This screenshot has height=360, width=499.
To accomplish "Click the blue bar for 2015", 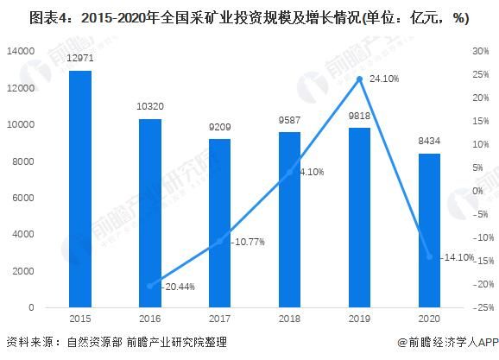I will pos(80,189).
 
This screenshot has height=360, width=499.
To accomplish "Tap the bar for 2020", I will pos(430,231).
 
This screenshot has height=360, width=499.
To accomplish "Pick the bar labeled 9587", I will pos(290,219).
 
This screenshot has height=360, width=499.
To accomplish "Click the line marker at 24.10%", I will pos(360,79).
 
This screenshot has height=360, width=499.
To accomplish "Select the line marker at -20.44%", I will pos(150,286).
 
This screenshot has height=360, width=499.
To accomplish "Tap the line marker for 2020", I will pos(430,256).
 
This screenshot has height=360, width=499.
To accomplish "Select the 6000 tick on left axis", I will pos(24,198).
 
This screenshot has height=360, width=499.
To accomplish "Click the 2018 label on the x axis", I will pos(290,319).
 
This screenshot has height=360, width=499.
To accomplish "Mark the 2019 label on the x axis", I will pos(360,319).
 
